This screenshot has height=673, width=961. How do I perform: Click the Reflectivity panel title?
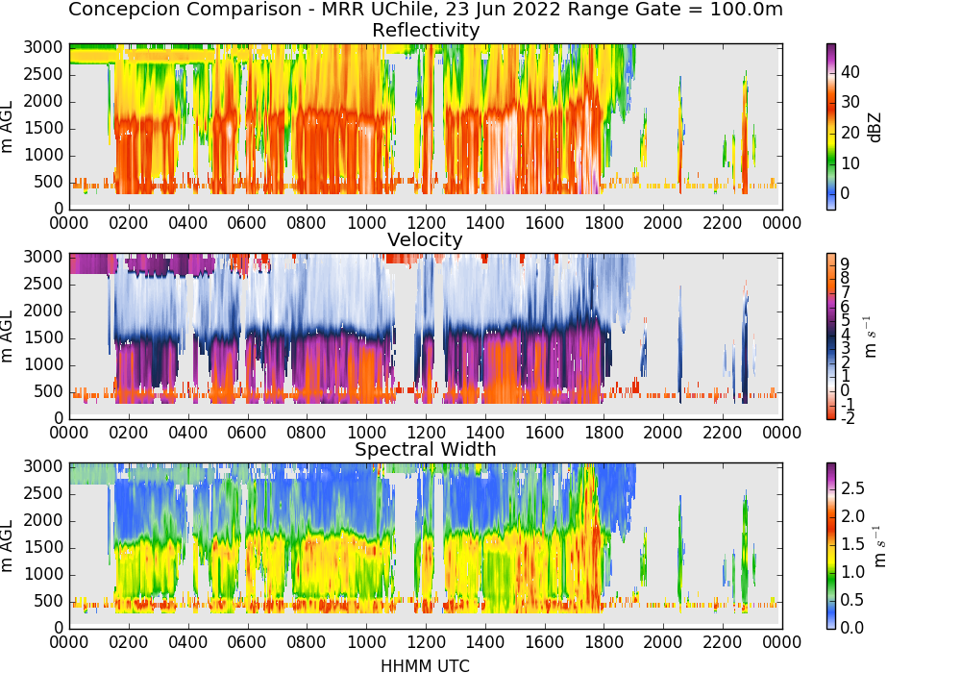pyautogui.click(x=426, y=30)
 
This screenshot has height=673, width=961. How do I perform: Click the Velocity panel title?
pyautogui.click(x=426, y=239)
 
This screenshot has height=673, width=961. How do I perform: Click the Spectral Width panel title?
pyautogui.click(x=426, y=449)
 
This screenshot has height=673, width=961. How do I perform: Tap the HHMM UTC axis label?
pyautogui.click(x=426, y=665)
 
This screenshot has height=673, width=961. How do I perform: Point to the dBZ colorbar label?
pyautogui.click(x=875, y=127)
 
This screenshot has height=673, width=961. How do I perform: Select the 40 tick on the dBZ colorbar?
pyautogui.click(x=850, y=72)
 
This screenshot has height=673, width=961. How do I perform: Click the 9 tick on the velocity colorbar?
pyautogui.click(x=845, y=263)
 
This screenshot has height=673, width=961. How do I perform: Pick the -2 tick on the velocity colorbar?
pyautogui.click(x=847, y=418)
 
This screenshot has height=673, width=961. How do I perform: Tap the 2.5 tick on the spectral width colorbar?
pyautogui.click(x=852, y=487)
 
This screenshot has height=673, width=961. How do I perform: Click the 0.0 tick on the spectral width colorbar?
pyautogui.click(x=852, y=627)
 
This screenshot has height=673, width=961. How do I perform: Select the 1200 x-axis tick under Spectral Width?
pyautogui.click(x=426, y=641)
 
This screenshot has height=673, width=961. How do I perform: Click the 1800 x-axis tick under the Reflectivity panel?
pyautogui.click(x=604, y=222)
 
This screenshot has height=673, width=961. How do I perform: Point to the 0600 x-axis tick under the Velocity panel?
pyautogui.click(x=247, y=432)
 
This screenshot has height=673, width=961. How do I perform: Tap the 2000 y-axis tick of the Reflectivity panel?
pyautogui.click(x=43, y=101)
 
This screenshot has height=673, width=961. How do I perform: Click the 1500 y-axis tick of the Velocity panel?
pyautogui.click(x=43, y=337)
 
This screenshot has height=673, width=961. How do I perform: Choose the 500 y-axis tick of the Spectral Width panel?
pyautogui.click(x=48, y=601)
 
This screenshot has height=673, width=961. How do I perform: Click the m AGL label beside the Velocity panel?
pyautogui.click(x=8, y=336)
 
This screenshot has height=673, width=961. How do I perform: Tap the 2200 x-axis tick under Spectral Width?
pyautogui.click(x=722, y=641)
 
